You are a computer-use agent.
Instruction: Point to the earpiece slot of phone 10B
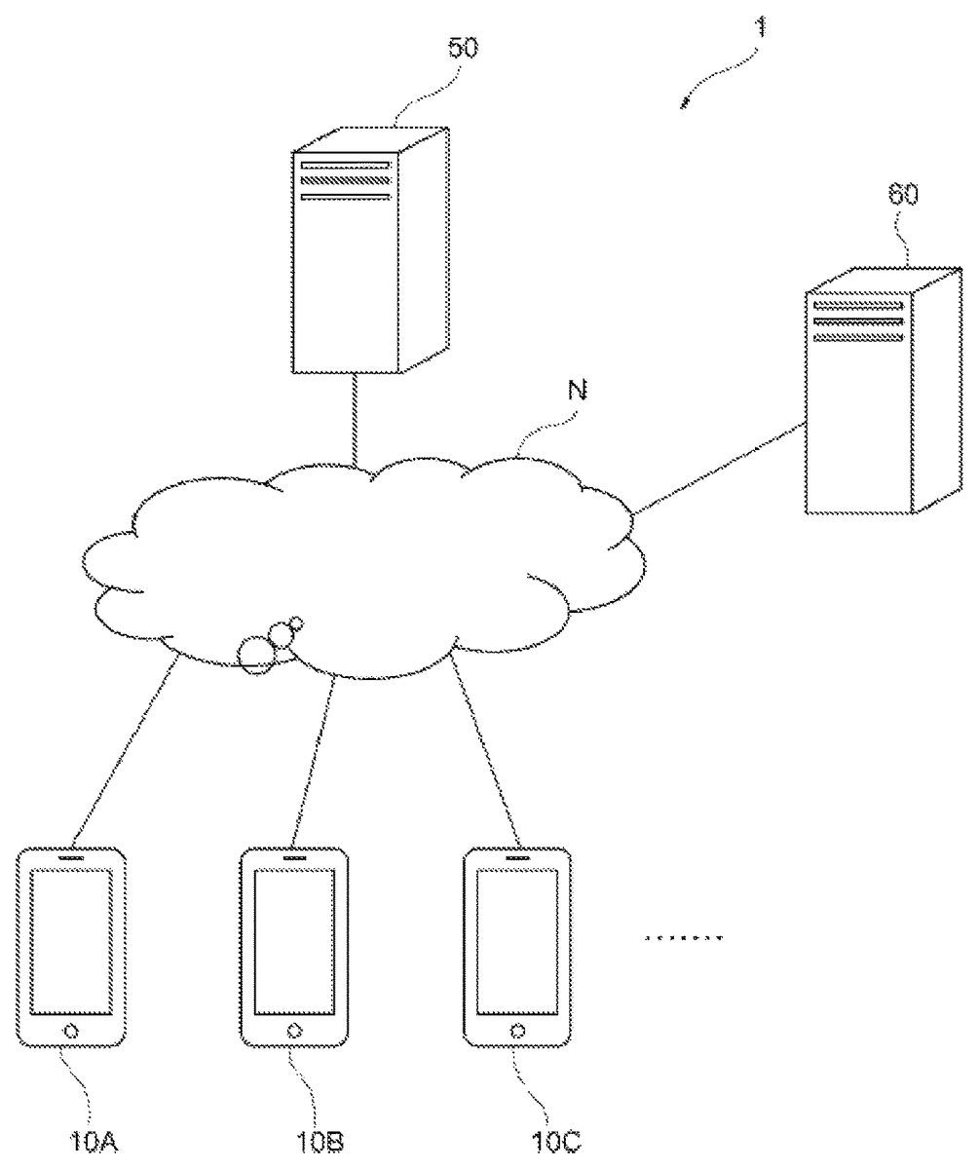pyautogui.click(x=294, y=857)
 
